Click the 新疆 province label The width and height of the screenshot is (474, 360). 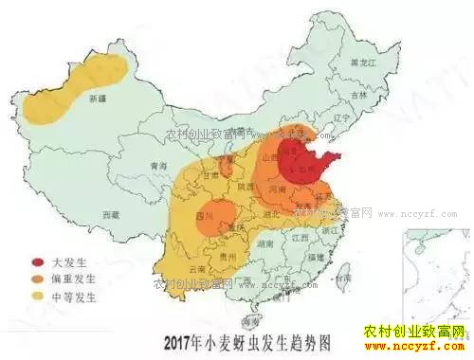(97, 98)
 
